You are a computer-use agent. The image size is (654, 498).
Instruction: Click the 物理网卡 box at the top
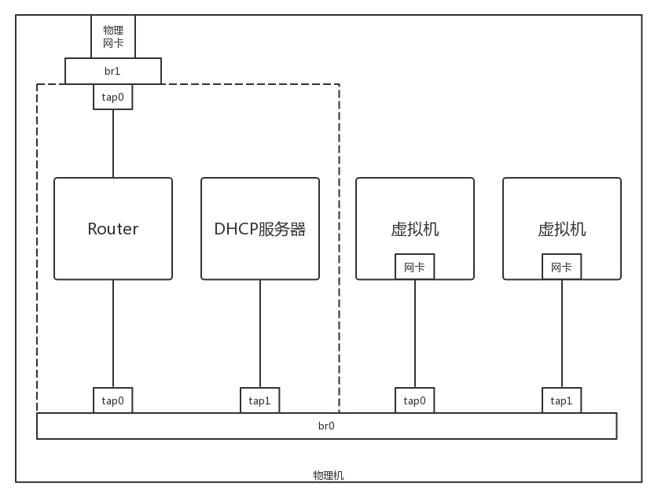coord(113,37)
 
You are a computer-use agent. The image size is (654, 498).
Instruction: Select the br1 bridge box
coord(113,71)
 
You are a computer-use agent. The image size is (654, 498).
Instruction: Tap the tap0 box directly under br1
coord(113,97)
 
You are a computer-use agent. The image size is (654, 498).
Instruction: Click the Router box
coord(113,229)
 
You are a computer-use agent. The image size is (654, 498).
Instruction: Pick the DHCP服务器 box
coord(260,229)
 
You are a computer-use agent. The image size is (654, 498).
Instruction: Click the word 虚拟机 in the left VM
coord(415,229)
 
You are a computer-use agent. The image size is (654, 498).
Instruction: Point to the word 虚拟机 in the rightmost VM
coord(562,229)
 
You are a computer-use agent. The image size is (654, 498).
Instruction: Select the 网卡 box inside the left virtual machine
coord(415,267)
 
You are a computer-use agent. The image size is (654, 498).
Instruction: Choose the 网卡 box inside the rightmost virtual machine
coord(562,267)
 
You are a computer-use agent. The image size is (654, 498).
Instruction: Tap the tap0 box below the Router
coord(113,400)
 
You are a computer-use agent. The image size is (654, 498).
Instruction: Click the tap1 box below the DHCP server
coord(260,400)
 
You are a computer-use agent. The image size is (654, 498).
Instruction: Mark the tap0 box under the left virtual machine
coord(415,400)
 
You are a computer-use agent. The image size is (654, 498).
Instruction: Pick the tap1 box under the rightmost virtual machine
coord(562,400)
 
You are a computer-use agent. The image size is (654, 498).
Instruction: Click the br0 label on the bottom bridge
coord(326,426)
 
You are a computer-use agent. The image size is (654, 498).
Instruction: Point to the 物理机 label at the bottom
coord(328,476)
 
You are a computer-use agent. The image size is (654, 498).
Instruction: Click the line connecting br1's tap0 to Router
coord(113,143)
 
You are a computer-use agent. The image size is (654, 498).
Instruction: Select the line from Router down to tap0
coord(113,334)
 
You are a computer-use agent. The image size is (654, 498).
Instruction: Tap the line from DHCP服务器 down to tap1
coord(260,334)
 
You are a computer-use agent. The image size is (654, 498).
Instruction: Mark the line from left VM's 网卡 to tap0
coord(415,334)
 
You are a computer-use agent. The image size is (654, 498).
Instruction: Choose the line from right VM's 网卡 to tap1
coord(562,334)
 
